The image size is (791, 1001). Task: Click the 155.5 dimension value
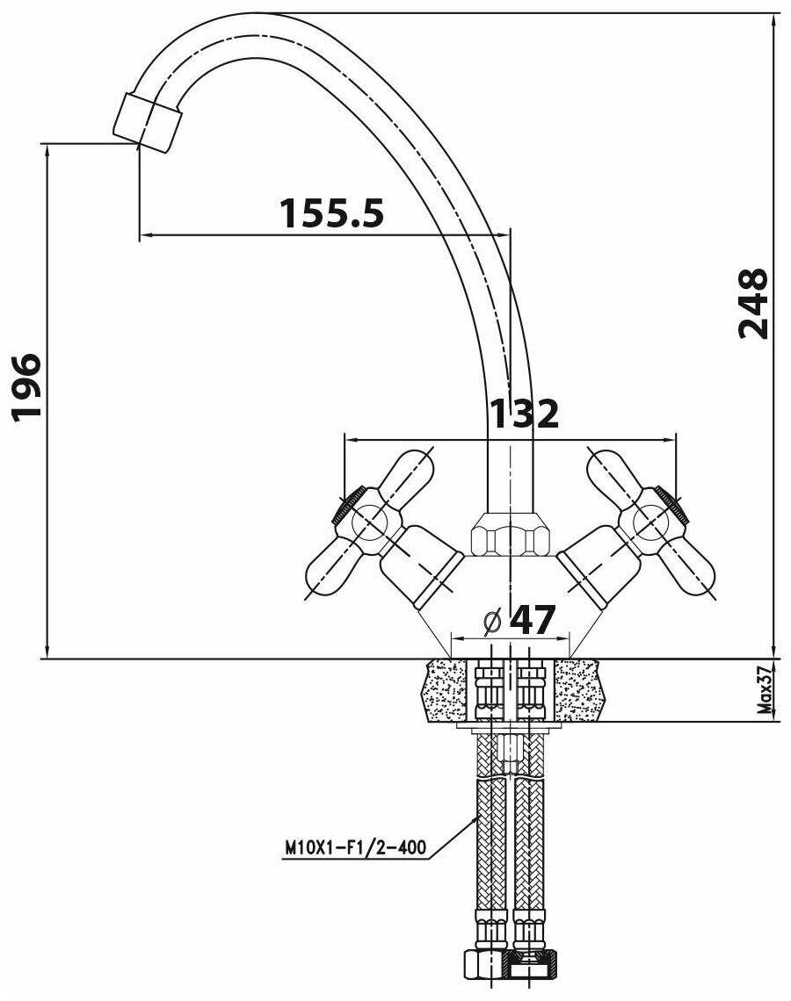(331, 212)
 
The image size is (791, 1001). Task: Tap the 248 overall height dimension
(752, 303)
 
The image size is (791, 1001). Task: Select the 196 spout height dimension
(27, 385)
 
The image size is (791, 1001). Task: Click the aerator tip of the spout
(148, 122)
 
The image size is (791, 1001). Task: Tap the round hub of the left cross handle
(369, 521)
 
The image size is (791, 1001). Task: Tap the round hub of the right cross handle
(651, 521)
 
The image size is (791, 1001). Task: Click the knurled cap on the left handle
(347, 506)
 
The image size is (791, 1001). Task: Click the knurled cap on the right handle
(673, 506)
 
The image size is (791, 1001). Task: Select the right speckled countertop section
(578, 690)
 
